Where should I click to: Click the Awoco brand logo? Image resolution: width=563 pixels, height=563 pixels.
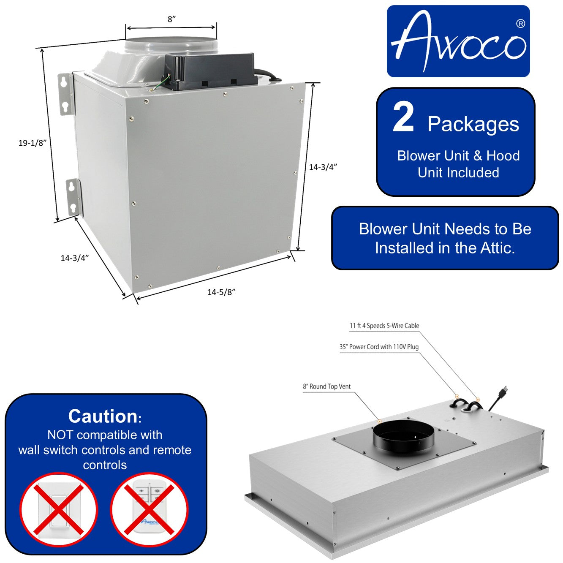(458, 41)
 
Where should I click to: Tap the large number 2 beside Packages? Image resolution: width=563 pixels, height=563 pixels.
(403, 118)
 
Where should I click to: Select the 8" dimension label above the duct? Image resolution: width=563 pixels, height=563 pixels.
(171, 19)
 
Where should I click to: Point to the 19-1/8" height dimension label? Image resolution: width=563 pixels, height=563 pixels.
(32, 143)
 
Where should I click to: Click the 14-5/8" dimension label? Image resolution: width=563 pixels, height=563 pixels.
(221, 292)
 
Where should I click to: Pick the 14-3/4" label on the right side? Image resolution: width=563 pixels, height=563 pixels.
(323, 167)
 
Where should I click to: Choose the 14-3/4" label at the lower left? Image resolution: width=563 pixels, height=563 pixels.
(75, 258)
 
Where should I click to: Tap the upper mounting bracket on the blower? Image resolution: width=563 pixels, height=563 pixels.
(65, 93)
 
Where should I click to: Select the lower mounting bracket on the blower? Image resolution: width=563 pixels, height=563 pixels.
(73, 198)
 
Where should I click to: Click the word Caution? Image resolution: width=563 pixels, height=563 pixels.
(103, 416)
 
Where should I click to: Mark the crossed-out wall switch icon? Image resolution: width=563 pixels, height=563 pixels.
(59, 509)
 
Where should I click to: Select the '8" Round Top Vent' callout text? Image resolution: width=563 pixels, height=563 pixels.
(327, 386)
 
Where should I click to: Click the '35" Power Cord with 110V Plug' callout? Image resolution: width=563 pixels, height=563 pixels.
(379, 347)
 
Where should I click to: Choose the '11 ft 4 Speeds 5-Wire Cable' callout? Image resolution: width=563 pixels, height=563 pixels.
(384, 326)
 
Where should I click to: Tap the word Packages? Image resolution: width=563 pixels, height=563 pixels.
(473, 124)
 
